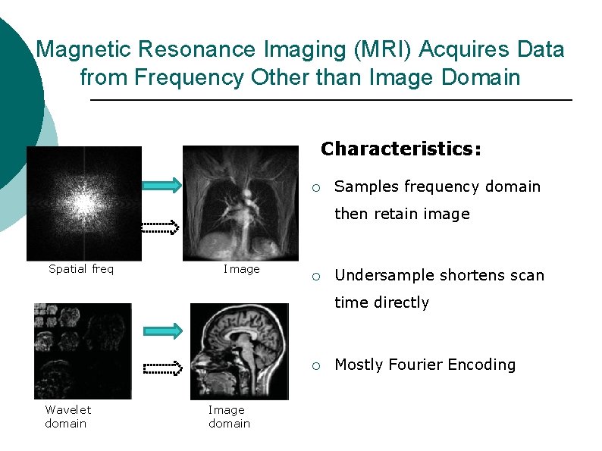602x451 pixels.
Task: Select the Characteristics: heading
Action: pos(400,149)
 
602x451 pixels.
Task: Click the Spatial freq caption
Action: pos(81,268)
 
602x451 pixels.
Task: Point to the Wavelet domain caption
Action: pos(67,416)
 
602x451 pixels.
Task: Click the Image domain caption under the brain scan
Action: pos(229,416)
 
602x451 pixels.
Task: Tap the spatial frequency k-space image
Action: pos(84,203)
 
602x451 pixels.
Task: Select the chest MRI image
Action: pos(242,202)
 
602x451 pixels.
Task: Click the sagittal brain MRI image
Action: pos(239,351)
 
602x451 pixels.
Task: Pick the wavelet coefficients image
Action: pos(83,351)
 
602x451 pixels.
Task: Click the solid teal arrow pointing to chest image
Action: pos(162,184)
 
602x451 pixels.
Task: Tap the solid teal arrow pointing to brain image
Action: pos(162,330)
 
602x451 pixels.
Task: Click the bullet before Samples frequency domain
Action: pos(321,187)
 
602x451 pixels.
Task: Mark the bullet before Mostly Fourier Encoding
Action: pos(321,365)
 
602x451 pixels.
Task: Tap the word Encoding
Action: pos(481,365)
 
